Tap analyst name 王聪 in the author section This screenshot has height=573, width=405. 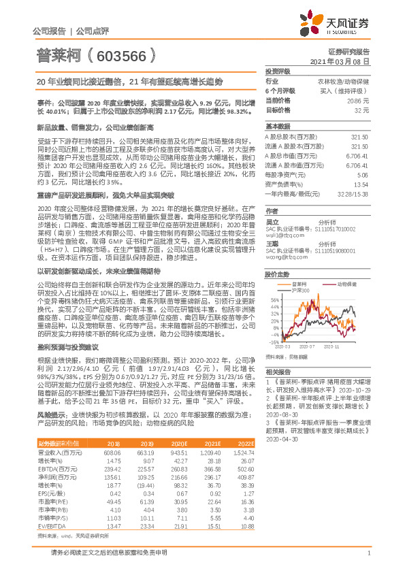tap(272, 243)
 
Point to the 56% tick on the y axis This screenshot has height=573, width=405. tap(274, 280)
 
